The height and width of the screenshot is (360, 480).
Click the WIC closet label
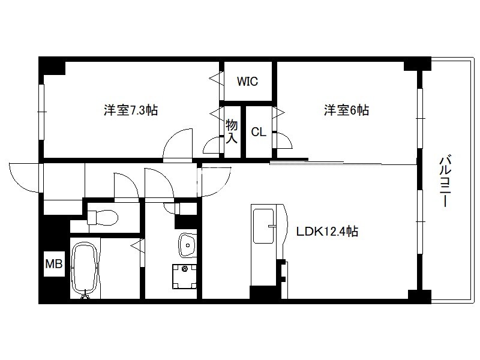point(247,82)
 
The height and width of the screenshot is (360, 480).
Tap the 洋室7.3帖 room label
point(131,110)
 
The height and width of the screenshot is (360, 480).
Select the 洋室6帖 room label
point(347,110)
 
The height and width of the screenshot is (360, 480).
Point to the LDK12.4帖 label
point(327,231)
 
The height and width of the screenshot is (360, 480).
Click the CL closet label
point(259,132)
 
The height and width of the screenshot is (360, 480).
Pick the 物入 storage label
point(232,131)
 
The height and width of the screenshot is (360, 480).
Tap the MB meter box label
point(54,263)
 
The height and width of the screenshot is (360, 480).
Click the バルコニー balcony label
point(445,182)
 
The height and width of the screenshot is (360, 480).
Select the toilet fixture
point(103,217)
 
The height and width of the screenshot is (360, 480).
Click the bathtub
point(85,268)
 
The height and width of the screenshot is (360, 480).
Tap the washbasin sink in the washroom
point(188,245)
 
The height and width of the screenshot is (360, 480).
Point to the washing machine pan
point(185,277)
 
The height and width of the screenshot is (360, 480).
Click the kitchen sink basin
point(263,226)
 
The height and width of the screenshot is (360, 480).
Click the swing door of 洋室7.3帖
point(178,145)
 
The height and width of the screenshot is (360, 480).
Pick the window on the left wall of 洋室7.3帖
point(41,112)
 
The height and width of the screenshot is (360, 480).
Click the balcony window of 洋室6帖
point(420,118)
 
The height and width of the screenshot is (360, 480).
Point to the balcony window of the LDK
point(420,221)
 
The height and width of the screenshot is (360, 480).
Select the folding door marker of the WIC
point(217,79)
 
